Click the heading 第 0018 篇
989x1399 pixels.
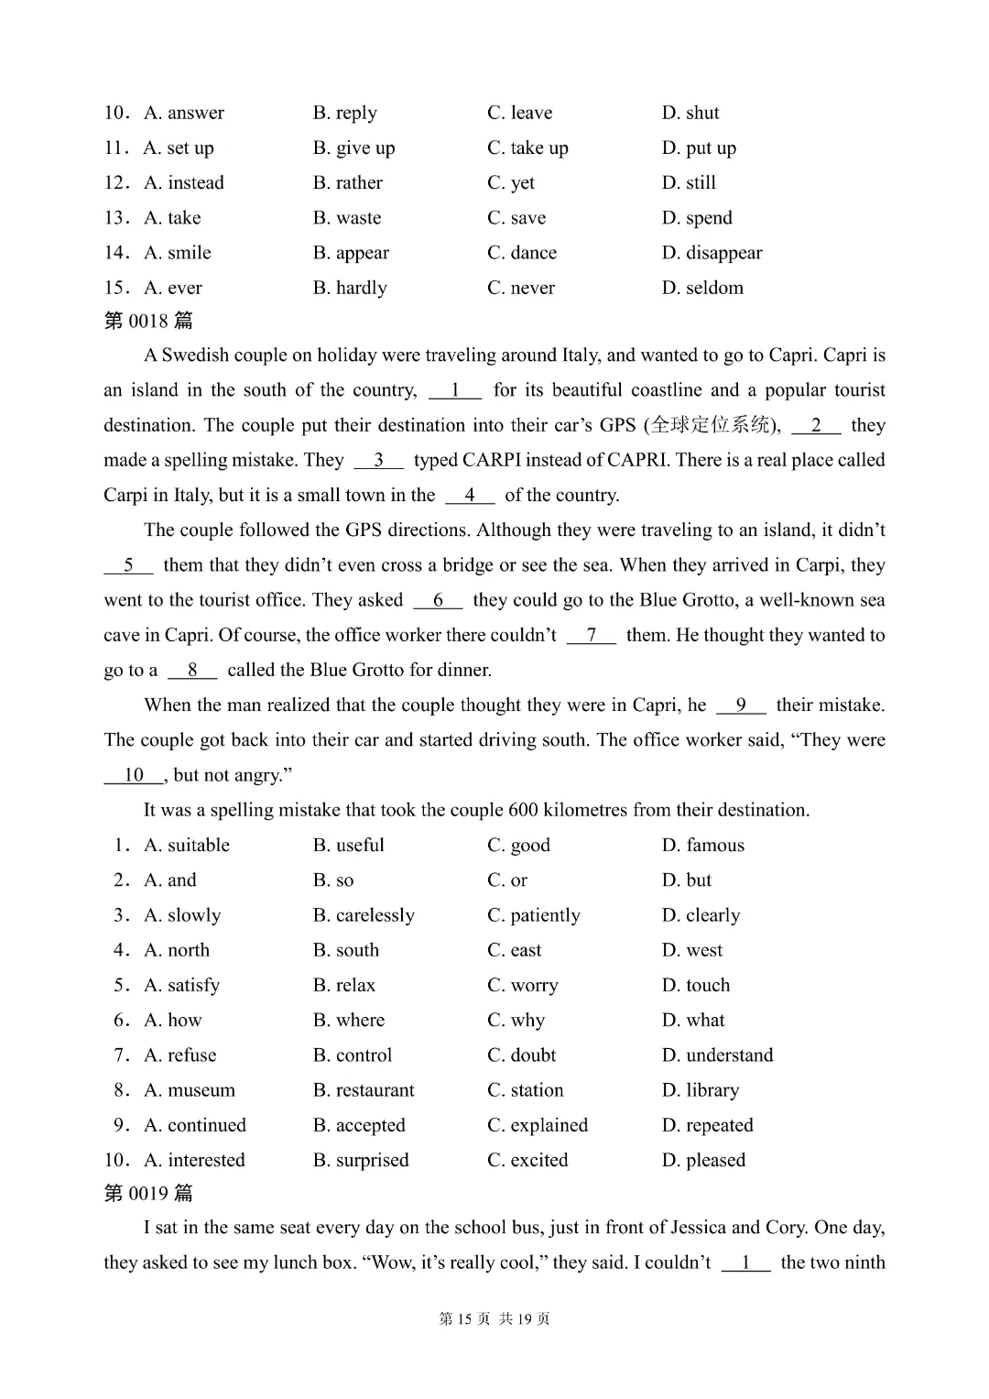tap(148, 321)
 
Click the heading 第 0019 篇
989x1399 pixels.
tap(148, 1193)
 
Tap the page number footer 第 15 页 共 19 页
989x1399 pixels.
tap(494, 1318)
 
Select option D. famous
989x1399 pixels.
tap(702, 845)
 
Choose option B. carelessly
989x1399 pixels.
tap(364, 915)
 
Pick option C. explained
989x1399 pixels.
tap(538, 1125)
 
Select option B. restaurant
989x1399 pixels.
tap(364, 1090)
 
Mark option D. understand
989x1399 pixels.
tap(717, 1055)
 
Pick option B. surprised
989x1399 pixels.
tap(361, 1160)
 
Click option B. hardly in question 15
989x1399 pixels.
tap(350, 288)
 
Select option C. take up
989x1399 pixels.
tap(527, 148)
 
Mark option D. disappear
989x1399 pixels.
tap(712, 253)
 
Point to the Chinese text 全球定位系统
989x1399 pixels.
tap(711, 425)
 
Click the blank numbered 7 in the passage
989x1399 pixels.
tap(592, 635)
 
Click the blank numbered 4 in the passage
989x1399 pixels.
tap(470, 496)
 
